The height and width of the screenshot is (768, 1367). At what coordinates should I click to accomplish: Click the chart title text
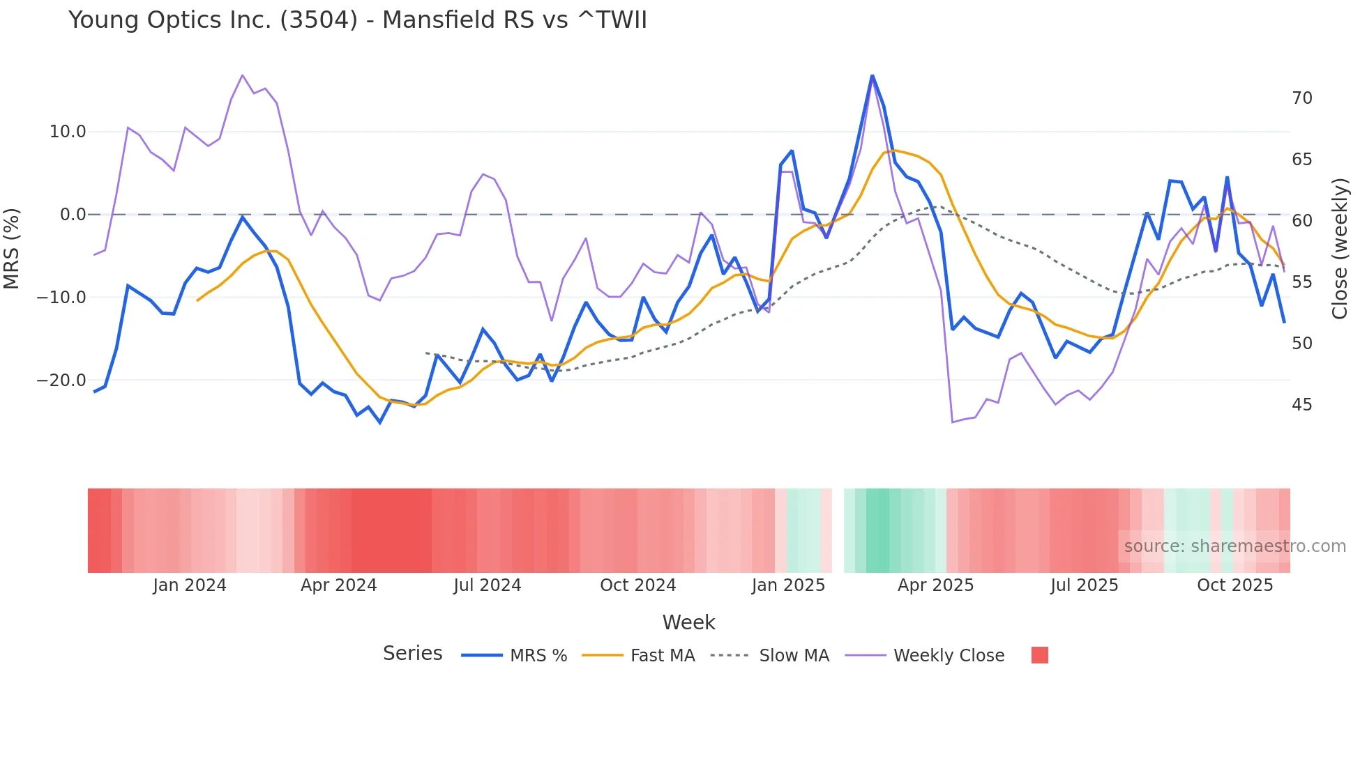357,20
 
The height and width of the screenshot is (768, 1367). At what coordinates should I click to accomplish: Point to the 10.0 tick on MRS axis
68,132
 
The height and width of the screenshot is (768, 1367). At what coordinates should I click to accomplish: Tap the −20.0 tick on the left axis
61,381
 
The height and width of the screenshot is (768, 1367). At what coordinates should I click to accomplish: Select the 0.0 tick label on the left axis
73,215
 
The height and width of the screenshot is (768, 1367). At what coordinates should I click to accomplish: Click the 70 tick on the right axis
1301,98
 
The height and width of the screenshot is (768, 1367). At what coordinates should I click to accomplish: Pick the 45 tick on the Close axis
1301,405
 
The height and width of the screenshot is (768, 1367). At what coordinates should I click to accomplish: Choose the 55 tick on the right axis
1301,282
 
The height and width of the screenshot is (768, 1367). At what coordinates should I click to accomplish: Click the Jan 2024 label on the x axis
190,585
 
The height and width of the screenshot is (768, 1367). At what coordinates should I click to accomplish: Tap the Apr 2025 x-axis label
935,585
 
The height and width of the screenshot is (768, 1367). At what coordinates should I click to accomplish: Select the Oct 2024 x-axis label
637,585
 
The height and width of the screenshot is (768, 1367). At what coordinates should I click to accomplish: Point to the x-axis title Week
688,622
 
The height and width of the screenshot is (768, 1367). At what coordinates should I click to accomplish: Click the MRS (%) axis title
12,248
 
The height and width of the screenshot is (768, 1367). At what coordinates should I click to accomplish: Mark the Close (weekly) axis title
1340,249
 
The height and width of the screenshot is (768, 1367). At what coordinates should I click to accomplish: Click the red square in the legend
1039,655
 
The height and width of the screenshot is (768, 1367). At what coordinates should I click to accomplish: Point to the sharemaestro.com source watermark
1234,546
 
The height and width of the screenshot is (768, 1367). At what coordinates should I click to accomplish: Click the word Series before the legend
412,654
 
